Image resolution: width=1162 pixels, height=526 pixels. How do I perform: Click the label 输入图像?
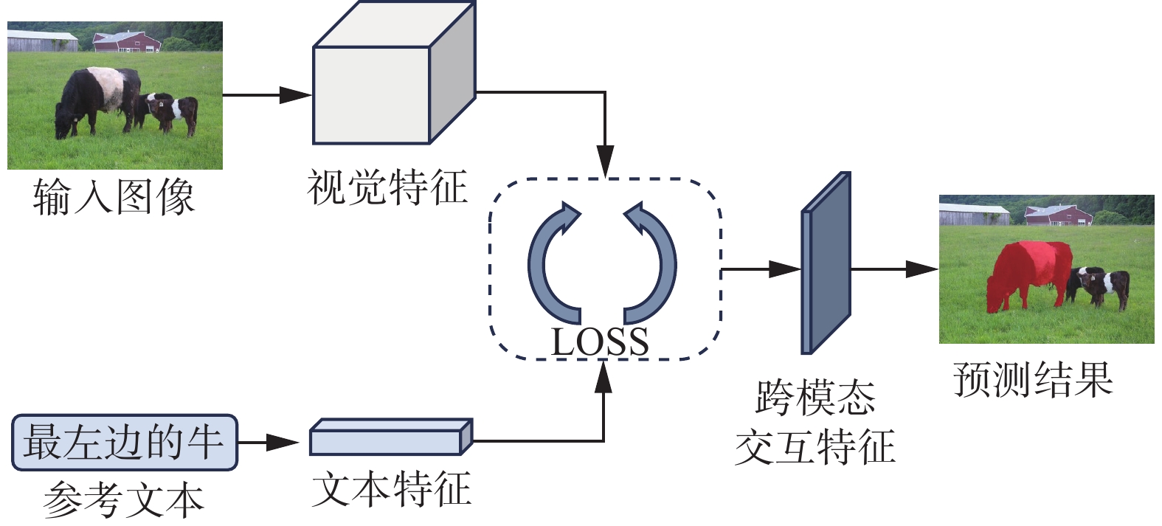[x=114, y=197]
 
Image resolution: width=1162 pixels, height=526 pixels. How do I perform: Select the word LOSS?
[x=600, y=342]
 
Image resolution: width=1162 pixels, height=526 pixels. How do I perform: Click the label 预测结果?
[x=1033, y=379]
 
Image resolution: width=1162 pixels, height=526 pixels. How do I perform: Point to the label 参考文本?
[x=123, y=499]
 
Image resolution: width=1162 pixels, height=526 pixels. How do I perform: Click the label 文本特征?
[x=391, y=488]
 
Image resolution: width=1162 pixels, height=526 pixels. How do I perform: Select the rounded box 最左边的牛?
[x=125, y=443]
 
